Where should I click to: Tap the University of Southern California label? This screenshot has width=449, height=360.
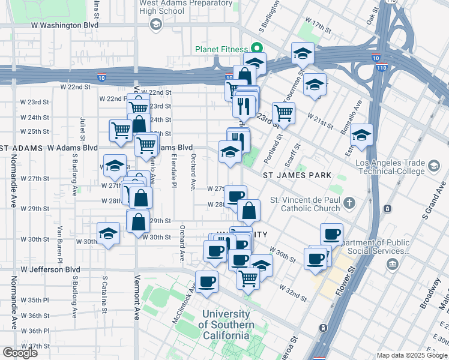(x=226, y=325)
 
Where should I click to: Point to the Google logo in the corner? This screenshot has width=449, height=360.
(x=20, y=353)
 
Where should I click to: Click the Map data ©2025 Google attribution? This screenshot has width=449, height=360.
(x=412, y=355)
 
